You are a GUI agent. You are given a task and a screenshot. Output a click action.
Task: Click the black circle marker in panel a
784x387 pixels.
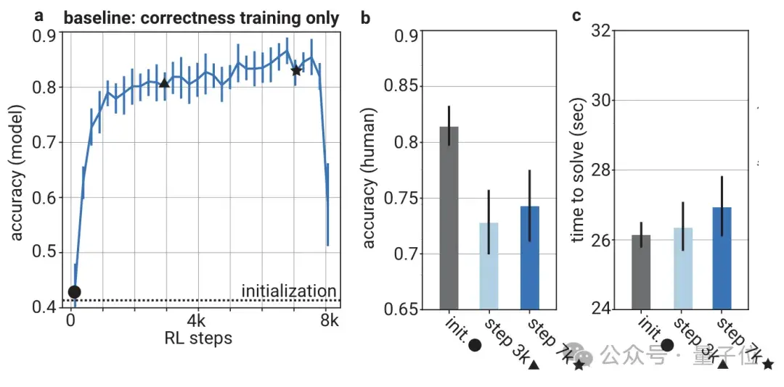point(74,292)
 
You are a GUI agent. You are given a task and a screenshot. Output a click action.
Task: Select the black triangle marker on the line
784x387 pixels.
point(164,83)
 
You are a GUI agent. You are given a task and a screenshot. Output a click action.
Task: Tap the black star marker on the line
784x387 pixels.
point(296,70)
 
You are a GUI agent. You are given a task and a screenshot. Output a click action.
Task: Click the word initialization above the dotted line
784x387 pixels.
point(289,291)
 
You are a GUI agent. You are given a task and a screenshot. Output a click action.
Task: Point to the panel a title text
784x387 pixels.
point(201,18)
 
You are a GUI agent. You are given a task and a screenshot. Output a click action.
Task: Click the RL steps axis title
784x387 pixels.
point(197,337)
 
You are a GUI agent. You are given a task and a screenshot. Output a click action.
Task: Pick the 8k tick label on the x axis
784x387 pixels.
point(330,320)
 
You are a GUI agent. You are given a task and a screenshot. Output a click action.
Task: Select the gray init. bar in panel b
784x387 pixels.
point(449,217)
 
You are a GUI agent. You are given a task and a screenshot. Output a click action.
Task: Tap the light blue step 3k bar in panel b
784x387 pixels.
point(489,265)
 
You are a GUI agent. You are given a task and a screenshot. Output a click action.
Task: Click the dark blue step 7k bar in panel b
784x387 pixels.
point(530,257)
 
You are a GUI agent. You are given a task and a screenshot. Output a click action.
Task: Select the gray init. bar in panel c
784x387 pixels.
point(641,272)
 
